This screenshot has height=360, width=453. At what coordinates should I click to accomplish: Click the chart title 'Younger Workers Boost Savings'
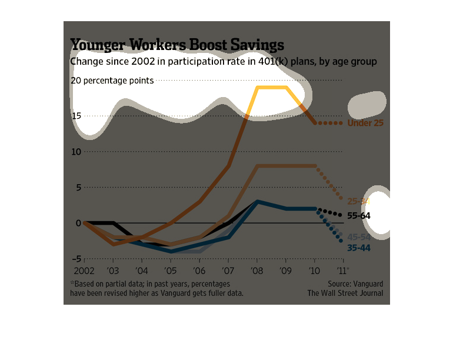pos(177,45)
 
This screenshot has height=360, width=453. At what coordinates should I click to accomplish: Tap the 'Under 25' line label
pos(365,123)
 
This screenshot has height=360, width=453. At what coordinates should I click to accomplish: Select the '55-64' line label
pos(359,215)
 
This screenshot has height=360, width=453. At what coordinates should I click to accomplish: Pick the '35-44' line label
pos(359,248)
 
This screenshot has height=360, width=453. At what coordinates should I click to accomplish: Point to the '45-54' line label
pos(359,237)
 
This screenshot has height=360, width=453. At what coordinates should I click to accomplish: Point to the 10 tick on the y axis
pos(76,152)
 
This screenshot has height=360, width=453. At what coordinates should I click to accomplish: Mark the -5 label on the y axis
pos(76,259)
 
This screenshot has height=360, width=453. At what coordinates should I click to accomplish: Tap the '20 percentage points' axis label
pos(112,81)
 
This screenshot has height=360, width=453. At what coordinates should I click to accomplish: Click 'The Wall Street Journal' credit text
pos(345,293)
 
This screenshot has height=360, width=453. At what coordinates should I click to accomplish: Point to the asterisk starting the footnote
pos(71,283)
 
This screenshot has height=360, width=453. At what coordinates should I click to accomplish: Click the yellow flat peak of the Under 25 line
pos(271,87)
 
